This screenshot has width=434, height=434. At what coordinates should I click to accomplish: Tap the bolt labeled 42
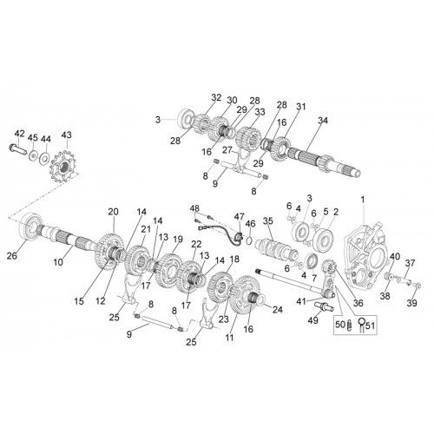[x=16, y=148]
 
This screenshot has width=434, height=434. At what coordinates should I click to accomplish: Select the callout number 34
[x=323, y=121]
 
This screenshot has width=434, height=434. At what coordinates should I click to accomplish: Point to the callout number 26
[x=12, y=255]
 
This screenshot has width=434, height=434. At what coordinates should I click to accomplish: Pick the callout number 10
[x=58, y=262]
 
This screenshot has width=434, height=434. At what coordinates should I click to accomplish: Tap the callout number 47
[x=240, y=217]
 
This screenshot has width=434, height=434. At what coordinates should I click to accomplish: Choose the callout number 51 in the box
[x=370, y=325]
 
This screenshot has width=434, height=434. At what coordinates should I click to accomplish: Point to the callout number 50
[x=340, y=325]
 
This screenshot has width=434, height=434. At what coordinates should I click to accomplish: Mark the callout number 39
[x=411, y=303]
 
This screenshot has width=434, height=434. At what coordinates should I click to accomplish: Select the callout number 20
[x=113, y=212]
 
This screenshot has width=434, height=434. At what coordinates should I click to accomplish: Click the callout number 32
[x=216, y=98]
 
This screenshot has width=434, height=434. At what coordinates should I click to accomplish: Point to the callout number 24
[x=277, y=310]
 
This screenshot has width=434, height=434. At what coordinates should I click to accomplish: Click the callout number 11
[x=229, y=338]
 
